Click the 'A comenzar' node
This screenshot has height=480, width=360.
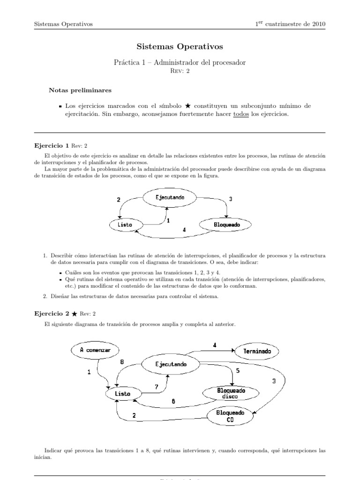coord(95,349)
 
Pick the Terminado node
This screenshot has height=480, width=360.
coord(257,351)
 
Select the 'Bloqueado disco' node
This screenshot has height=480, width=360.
coord(230,393)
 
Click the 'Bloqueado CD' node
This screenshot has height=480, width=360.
coord(230,416)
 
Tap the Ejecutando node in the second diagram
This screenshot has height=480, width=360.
coord(171,364)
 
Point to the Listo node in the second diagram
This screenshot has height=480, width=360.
coord(123,393)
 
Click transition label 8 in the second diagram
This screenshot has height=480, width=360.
coord(121,361)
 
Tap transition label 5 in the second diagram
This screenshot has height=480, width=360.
coord(238,370)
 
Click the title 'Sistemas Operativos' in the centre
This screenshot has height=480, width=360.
coord(180,46)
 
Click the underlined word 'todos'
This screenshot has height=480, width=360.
coord(240,114)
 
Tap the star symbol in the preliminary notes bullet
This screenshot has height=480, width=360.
coord(188,106)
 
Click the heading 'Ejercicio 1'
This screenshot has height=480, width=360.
coord(52,145)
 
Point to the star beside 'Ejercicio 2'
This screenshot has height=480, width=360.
coord(75,314)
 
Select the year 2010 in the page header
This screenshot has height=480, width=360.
coord(317,24)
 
